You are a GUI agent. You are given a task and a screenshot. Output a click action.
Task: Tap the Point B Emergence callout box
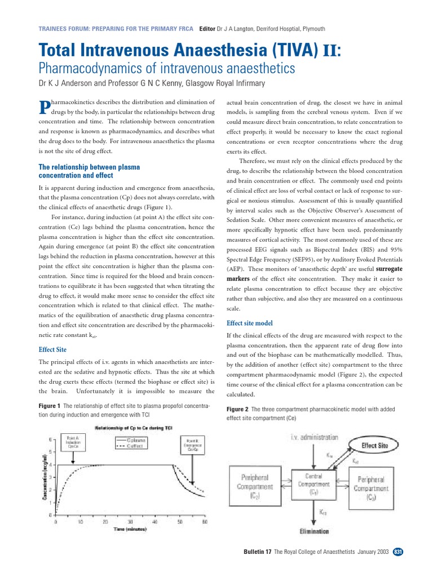[x=193, y=445]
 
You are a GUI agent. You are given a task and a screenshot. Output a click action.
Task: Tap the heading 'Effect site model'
[x=249, y=323]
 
